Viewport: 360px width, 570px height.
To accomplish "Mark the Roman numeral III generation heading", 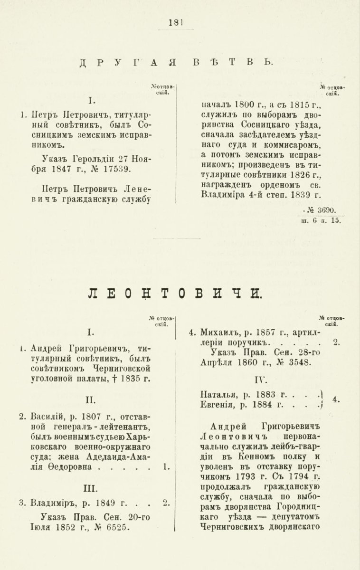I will (90, 487).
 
